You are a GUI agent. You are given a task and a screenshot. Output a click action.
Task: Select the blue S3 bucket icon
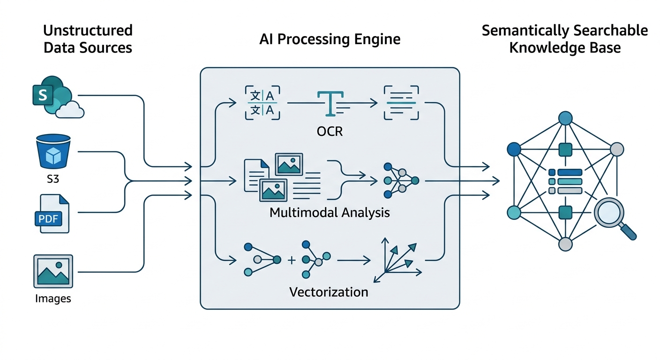point(52,151)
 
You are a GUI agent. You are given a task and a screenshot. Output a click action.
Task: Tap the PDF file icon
point(52,213)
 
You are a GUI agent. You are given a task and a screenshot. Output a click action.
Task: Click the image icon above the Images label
point(53,271)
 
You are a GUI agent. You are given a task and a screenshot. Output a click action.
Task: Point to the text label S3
point(53,179)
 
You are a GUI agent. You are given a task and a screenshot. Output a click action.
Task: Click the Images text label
point(53,298)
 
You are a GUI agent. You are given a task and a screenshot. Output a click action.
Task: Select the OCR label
point(330,131)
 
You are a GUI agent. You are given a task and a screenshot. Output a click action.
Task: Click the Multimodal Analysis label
point(330,212)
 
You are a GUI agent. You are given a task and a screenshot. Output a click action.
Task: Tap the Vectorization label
point(329,292)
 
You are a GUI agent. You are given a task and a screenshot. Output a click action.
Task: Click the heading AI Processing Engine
point(330,39)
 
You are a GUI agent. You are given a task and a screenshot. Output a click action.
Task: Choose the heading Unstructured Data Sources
point(88,39)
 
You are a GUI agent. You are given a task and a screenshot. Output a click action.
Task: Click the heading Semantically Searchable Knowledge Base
point(565,39)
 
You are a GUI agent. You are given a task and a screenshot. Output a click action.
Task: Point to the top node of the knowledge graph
point(565,118)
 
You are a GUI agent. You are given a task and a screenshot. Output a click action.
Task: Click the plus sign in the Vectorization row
point(292,259)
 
